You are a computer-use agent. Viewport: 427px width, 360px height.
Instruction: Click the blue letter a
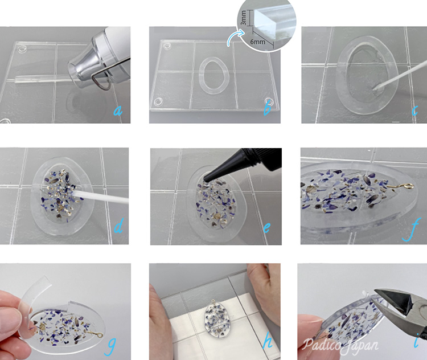118,111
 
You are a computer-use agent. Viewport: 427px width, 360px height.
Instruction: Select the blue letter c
414,111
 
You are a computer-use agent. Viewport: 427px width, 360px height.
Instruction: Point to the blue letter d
118,226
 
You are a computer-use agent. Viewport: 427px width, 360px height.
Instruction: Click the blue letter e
267,227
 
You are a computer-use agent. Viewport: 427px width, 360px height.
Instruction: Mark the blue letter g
110,346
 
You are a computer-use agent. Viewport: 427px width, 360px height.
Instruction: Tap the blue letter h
268,340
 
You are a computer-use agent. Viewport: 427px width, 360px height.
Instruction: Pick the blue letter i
416,340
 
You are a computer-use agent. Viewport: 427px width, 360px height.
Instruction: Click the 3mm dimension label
243,18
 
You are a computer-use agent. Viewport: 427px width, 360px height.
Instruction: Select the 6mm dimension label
257,42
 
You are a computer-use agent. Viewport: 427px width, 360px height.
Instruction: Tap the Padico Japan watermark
340,345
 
